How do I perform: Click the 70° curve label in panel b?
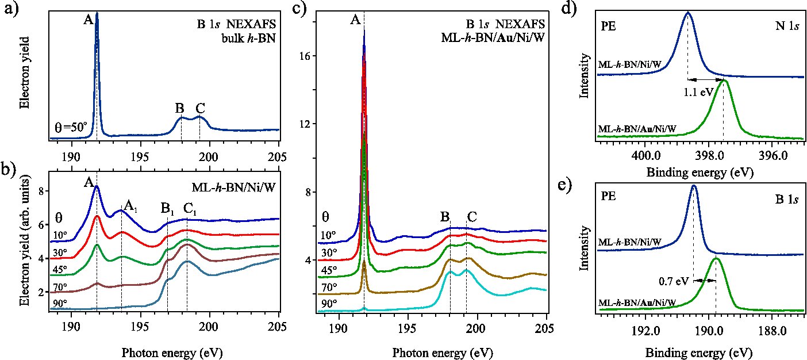coord(60,286)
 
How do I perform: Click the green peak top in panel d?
coord(724,81)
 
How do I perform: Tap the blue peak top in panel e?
coord(694,186)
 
